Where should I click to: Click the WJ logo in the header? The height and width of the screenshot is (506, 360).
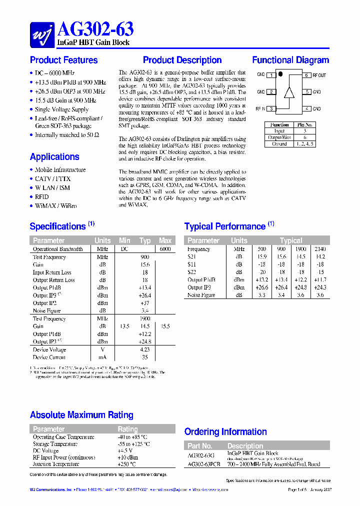(42, 34)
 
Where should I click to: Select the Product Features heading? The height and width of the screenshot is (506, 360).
(63, 60)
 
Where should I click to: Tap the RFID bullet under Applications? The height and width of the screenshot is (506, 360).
(41, 197)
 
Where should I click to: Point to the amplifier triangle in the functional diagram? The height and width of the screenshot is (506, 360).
(288, 92)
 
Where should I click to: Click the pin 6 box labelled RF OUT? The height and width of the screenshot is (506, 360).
(306, 75)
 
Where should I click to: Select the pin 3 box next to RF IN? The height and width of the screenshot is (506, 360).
(271, 108)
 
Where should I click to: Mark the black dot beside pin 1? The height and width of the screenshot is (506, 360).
(280, 74)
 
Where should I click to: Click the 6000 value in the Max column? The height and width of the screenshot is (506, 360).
(165, 249)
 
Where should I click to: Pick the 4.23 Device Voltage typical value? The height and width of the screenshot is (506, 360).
(145, 350)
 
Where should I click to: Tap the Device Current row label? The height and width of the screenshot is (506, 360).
(49, 357)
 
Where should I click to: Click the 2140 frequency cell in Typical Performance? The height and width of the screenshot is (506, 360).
(320, 249)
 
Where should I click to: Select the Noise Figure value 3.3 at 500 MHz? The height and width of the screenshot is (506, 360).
(262, 295)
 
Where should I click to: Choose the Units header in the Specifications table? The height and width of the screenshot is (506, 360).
(102, 240)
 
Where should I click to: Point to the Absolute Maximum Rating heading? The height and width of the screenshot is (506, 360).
(81, 415)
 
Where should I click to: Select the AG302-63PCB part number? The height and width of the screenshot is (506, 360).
(203, 464)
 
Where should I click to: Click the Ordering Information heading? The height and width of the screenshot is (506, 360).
(225, 431)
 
